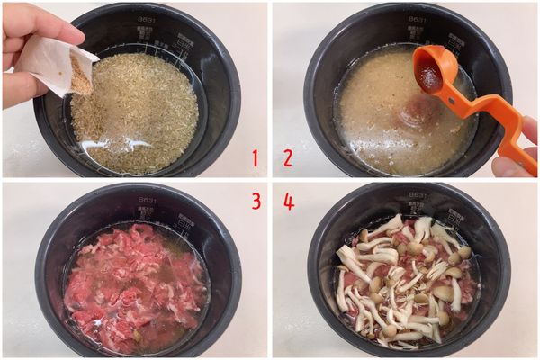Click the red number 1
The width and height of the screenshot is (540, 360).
255,159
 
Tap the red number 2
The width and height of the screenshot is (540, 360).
287,159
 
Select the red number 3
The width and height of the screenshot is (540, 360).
256,201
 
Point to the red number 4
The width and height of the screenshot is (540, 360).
288,201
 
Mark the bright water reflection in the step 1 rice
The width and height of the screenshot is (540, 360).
112,144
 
